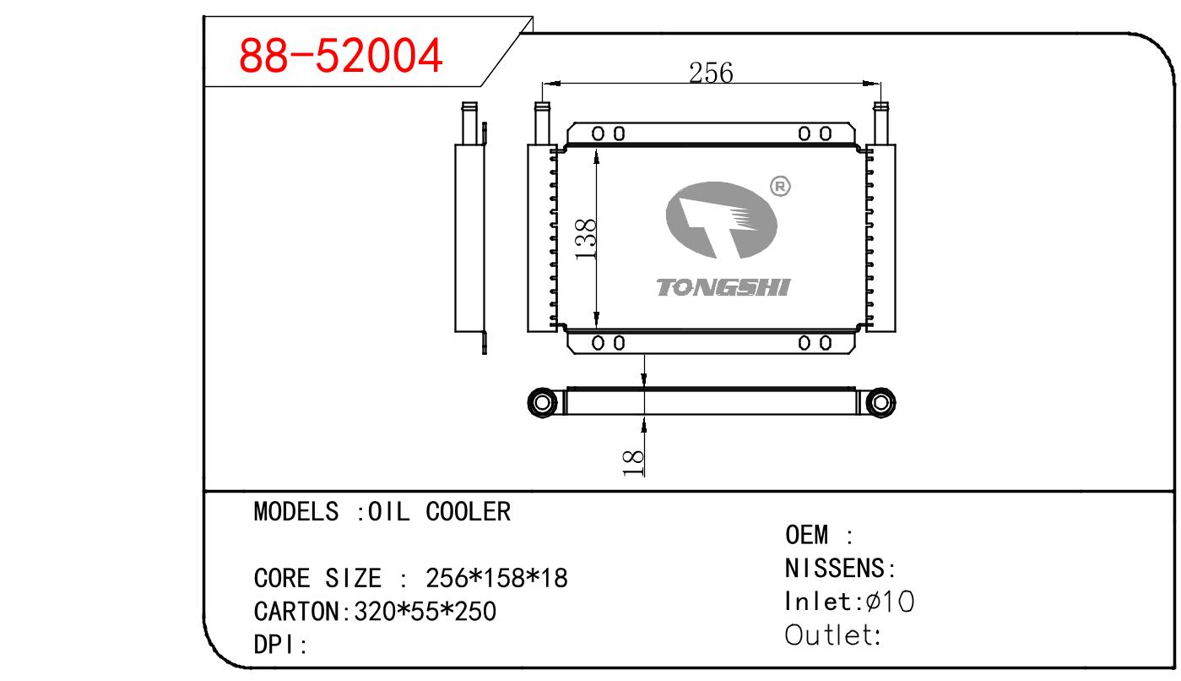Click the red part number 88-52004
(340, 57)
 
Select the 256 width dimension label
(711, 74)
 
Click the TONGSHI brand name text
(723, 288)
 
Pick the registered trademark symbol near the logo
(781, 187)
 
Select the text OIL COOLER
(439, 511)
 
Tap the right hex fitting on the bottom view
(880, 401)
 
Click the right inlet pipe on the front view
(881, 123)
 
